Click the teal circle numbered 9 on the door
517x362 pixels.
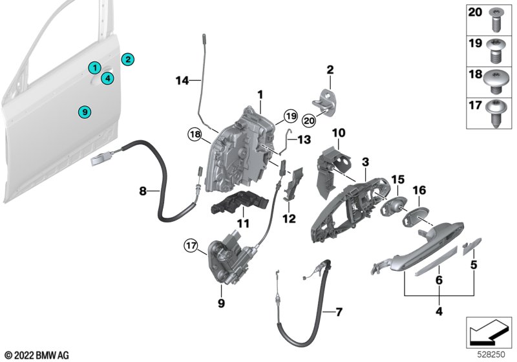coord(83,112)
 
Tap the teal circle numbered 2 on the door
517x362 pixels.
coord(128,59)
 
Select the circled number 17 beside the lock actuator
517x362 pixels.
coord(191,246)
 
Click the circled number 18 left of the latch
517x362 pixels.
coord(195,134)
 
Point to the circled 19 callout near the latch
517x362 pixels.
coord(290,116)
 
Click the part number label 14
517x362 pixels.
coord(182,80)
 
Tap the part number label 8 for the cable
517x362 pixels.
coord(143,191)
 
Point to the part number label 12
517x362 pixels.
coord(289,218)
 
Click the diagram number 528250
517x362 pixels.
coord(491,353)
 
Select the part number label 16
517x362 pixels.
coord(419,191)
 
